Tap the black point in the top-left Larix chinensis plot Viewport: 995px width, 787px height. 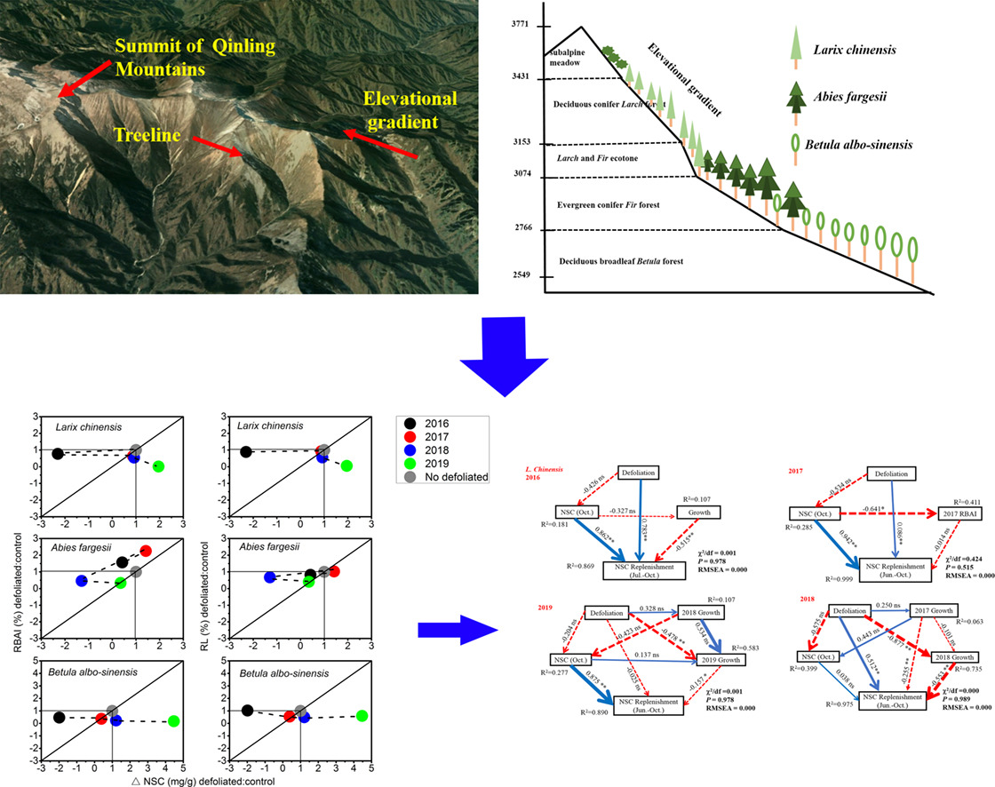(x=58, y=453)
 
